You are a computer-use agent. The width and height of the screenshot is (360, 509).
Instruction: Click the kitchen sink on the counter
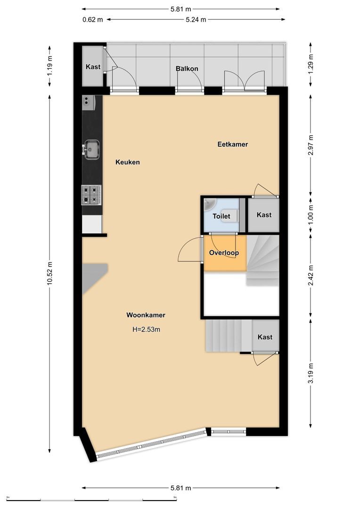(91, 149)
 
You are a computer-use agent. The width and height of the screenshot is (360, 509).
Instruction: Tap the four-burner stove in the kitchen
(92, 194)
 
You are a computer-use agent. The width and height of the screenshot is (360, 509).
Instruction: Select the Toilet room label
(221, 216)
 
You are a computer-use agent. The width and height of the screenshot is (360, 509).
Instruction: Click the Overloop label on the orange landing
(224, 253)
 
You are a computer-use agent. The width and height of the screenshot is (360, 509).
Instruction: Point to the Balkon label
(187, 68)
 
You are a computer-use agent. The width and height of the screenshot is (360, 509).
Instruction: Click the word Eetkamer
(232, 144)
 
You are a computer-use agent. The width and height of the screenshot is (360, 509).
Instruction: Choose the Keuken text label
(128, 162)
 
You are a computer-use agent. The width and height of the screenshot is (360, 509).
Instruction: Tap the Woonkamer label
(146, 315)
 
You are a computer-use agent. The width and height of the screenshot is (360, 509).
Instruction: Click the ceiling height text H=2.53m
(146, 329)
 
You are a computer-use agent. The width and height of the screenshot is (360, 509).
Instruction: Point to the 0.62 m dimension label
(92, 20)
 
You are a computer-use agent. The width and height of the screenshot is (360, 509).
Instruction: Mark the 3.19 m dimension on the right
(311, 374)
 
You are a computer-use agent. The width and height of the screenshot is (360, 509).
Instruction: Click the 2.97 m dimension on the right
(311, 146)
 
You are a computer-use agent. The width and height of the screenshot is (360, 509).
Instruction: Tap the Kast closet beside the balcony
(93, 67)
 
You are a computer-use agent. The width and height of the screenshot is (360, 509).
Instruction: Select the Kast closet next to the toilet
(264, 215)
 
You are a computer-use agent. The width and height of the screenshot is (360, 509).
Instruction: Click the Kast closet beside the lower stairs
(265, 337)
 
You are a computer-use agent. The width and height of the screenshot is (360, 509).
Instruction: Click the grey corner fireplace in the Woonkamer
(92, 275)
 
